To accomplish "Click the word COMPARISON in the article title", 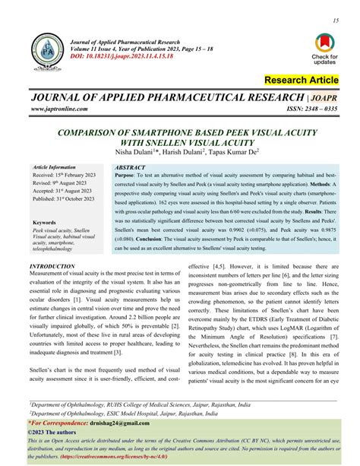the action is click(x=93, y=130).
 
